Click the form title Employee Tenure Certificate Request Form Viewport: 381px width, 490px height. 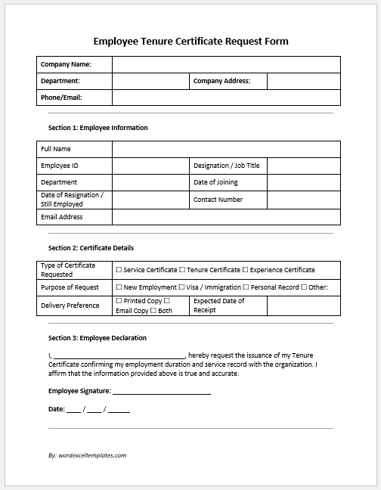coord(190,41)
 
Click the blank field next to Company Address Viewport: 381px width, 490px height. coord(303,81)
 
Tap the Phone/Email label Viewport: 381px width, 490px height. coord(61,98)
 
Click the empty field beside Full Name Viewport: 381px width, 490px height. coord(226,148)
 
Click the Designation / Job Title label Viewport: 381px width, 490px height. coord(226,166)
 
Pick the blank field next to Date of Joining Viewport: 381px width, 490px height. coord(303,182)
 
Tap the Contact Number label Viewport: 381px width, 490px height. coord(218,200)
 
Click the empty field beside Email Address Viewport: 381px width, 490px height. coord(226,217)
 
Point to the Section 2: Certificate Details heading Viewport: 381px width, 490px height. coord(91,247)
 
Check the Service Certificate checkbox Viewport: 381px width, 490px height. coord(119,270)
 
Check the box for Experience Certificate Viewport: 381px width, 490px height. coord(245,270)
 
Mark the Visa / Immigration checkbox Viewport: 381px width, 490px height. coord(182,287)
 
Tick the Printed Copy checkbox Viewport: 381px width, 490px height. coord(119,301)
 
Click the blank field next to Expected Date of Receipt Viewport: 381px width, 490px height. coord(303,305)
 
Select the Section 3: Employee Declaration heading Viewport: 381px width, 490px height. coord(98,338)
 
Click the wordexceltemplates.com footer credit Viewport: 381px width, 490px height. coord(87,455)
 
